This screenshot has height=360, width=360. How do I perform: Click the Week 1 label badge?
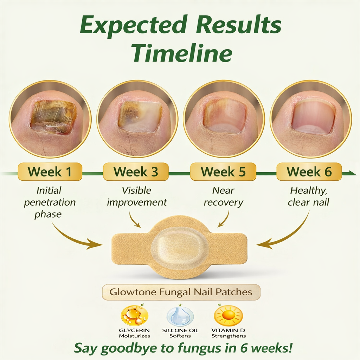tap(50, 172)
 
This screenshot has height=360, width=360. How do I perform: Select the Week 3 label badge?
tap(136, 172)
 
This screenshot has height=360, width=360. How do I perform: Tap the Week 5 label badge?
tap(223, 172)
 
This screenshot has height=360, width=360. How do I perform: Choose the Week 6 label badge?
tap(309, 172)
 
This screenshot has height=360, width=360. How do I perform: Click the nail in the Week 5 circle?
tap(225, 116)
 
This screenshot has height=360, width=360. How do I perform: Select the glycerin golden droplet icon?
tap(134, 315)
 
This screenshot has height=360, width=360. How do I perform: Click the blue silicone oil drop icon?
tap(180, 316)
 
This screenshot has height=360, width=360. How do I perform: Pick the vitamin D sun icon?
tap(228, 315)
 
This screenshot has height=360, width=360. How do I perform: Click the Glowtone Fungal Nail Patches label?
tap(181, 292)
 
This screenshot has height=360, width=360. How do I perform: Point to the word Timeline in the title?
tap(182, 53)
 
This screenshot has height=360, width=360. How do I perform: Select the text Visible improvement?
tap(137, 197)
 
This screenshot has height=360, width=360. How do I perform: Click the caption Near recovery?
tap(223, 197)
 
